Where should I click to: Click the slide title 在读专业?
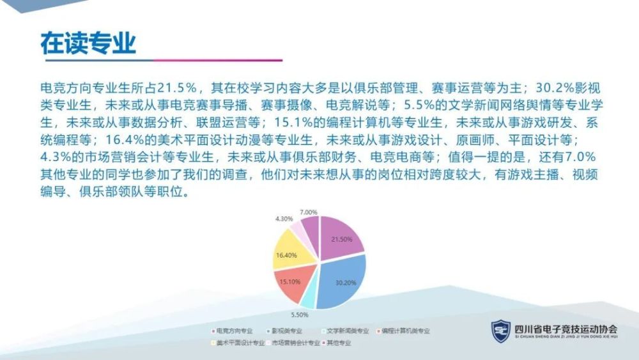88,43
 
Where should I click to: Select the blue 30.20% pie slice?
343,281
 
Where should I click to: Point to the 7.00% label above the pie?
309,212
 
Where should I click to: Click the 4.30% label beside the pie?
284,219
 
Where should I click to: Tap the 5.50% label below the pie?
300,315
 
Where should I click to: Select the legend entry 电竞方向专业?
233,331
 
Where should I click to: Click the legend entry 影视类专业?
284,331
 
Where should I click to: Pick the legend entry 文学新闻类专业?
345,331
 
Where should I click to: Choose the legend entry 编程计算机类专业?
403,331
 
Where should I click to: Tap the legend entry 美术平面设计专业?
238,343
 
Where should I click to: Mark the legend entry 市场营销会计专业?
293,343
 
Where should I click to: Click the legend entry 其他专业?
337,343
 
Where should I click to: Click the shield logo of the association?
500,331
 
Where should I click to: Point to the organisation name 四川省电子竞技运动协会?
566,329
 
